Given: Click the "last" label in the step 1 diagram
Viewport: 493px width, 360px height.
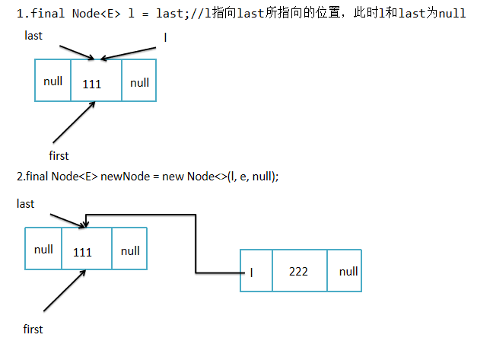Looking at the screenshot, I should (x=33, y=36).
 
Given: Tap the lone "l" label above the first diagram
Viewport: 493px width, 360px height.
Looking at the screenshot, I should (x=165, y=37).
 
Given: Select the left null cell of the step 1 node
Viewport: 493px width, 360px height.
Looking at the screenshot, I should (x=52, y=81).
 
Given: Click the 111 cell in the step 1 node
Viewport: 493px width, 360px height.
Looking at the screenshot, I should (x=91, y=83).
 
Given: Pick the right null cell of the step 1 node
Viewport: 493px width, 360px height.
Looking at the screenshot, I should (x=139, y=82).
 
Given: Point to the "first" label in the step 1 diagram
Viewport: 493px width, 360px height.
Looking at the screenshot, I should (x=59, y=155).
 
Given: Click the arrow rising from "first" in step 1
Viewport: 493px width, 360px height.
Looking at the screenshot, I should (x=74, y=123).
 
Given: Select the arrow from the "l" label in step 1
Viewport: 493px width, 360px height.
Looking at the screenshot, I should (x=130, y=50).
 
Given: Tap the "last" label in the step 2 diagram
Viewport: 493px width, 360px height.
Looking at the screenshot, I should (x=25, y=203).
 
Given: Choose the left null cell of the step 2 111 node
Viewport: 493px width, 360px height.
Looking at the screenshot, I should (x=43, y=250).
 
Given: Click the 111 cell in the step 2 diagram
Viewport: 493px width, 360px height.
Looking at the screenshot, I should (x=82, y=251).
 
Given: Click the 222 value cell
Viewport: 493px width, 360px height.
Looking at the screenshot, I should (x=299, y=271).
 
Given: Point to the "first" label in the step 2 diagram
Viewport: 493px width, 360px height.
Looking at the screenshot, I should (x=33, y=329).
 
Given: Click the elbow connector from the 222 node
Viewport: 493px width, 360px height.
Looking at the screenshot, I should (x=196, y=244).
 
